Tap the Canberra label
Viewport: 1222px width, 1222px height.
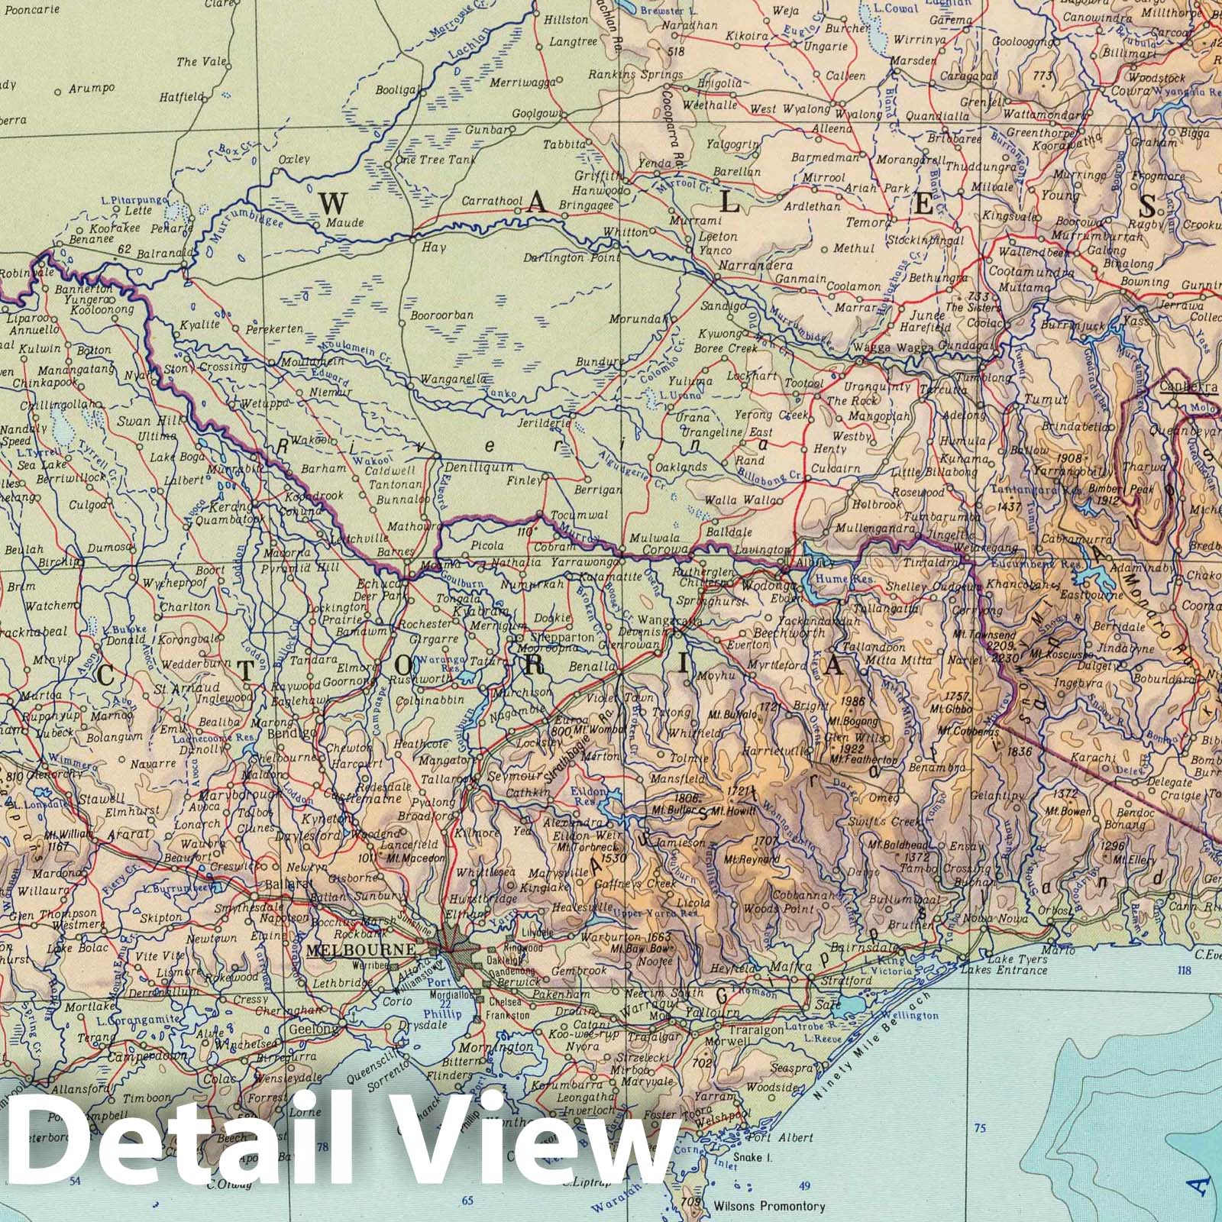pos(1188,386)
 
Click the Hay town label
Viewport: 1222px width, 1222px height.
pos(434,247)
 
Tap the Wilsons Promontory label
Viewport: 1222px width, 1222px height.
pos(768,1206)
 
